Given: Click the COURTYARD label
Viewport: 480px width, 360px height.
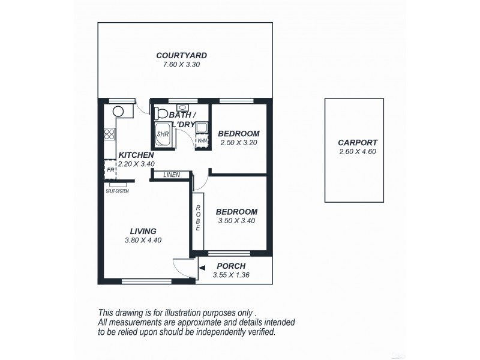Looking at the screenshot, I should click(185, 55).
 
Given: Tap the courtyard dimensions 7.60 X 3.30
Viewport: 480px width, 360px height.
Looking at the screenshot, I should click(185, 64).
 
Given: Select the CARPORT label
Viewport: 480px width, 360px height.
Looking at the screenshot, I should click(357, 142).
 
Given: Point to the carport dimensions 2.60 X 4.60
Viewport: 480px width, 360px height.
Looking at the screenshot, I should click(357, 151).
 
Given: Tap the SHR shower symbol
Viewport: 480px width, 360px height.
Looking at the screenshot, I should click(163, 134).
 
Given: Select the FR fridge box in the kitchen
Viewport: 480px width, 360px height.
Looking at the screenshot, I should click(110, 170).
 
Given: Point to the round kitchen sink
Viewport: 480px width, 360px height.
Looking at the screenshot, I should click(118, 110).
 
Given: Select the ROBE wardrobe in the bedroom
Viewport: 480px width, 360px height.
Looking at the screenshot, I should click(198, 218).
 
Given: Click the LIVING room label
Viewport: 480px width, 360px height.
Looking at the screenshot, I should click(143, 231).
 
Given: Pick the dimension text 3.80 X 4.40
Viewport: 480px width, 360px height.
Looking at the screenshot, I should click(143, 240).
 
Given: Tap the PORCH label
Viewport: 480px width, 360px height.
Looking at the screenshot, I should click(231, 266).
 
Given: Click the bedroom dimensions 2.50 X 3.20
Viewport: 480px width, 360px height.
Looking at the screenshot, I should click(238, 143).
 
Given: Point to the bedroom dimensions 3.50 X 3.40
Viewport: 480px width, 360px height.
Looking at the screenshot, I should click(236, 221).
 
